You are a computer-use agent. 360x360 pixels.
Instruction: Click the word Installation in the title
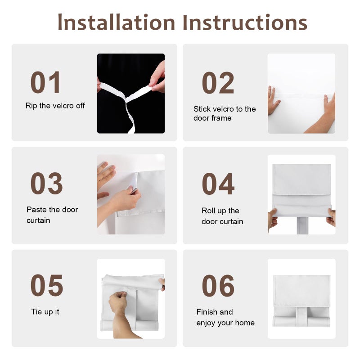tap(117, 22)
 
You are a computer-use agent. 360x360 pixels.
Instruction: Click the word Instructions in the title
tap(245, 22)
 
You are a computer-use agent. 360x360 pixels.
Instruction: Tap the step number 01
tap(45, 82)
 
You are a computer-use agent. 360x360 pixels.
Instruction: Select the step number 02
tap(218, 83)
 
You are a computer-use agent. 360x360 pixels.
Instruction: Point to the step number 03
tap(47, 183)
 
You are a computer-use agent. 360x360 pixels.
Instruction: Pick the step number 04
tap(218, 184)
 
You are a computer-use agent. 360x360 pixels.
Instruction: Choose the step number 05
tap(47, 285)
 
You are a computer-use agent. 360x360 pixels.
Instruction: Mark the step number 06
tap(218, 286)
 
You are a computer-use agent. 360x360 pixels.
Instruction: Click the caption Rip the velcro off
tap(55, 106)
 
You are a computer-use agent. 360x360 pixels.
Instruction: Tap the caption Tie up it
tap(45, 312)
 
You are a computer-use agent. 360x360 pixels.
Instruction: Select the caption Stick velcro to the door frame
tap(225, 113)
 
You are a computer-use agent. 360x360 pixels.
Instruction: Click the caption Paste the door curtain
tap(52, 215)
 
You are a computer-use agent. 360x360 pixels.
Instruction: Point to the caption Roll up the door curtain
tap(222, 216)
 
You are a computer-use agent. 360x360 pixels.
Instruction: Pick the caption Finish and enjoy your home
tap(225, 317)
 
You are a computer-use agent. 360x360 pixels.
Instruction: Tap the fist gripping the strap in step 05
tap(118, 301)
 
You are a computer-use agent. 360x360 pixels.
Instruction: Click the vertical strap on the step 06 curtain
tap(301, 316)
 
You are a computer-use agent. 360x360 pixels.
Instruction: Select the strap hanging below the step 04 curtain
tap(302, 226)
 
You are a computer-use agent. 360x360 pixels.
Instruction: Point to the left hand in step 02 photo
tap(273, 100)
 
